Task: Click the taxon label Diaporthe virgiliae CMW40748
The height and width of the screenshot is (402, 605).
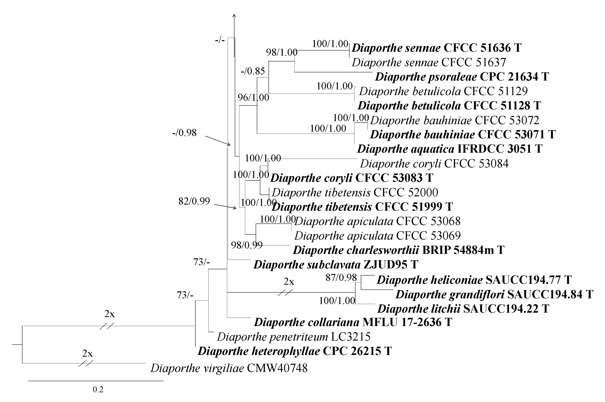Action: [x=229, y=368]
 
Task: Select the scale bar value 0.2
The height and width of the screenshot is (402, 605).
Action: [x=98, y=390]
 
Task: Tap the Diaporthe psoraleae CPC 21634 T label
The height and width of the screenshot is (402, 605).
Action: [x=462, y=77]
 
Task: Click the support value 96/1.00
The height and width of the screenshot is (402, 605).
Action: [x=253, y=97]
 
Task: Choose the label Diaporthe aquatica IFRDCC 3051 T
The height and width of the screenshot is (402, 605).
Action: [x=449, y=149]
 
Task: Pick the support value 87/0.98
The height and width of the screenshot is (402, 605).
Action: [x=341, y=277]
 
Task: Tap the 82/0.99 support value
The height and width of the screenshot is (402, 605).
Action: [x=194, y=201]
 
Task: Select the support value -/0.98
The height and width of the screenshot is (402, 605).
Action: [x=184, y=133]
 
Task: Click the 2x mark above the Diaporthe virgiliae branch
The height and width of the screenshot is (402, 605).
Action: [x=87, y=354]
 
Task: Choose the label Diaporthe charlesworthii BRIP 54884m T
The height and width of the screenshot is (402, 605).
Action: [x=399, y=250]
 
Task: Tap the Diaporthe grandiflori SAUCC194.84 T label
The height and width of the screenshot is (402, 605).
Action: [x=494, y=294]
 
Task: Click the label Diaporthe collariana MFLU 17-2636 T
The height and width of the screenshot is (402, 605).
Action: [x=353, y=322]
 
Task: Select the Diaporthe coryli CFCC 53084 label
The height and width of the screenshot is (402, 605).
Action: [x=434, y=164]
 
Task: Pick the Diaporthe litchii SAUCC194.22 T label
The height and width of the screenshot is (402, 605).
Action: [x=463, y=309]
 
